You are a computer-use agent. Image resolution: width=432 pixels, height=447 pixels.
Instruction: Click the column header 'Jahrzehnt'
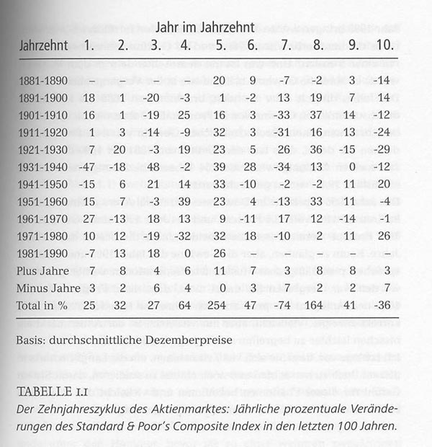coord(44,45)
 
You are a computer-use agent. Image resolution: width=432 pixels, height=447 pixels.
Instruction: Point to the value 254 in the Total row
coord(219,305)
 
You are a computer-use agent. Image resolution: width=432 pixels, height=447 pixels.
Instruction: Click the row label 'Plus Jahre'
coord(42,271)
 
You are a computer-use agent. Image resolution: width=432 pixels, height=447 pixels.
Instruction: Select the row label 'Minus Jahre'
coord(46,288)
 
